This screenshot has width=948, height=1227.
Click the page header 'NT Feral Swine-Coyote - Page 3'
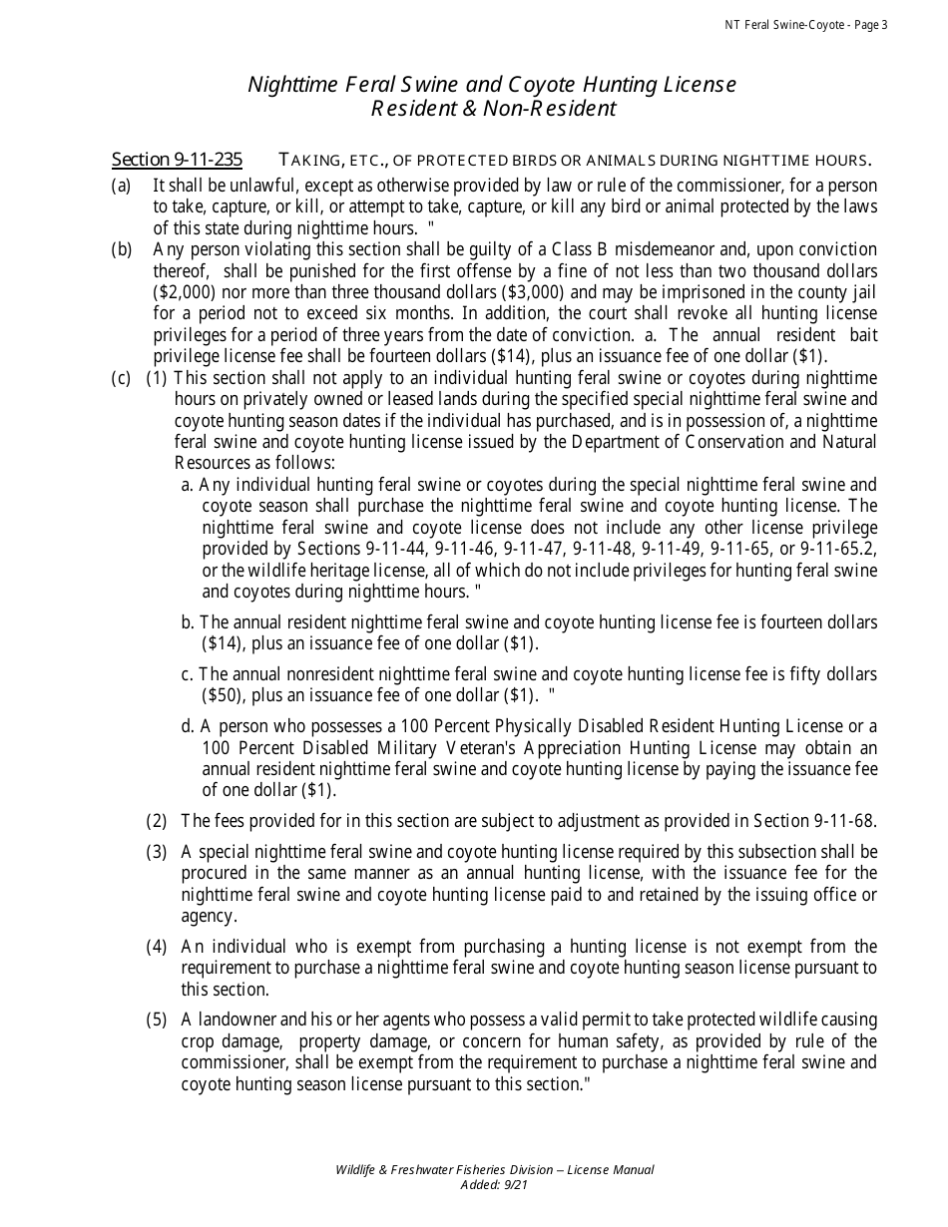(805, 25)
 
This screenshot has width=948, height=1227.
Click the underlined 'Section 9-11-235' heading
(178, 160)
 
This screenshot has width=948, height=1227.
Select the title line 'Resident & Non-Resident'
(493, 109)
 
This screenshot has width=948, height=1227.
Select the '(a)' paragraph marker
(121, 186)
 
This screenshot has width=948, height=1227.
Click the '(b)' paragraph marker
(121, 249)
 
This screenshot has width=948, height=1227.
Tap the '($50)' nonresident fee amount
(224, 694)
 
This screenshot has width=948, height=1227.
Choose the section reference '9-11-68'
(841, 821)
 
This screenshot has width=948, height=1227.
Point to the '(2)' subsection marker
(157, 821)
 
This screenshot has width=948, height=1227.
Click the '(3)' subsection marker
(157, 852)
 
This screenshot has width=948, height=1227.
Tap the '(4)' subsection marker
(157, 947)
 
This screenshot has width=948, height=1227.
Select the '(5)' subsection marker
(157, 1020)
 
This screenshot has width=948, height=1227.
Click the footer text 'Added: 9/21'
(494, 1185)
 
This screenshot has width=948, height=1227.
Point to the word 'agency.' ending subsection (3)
(209, 916)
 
